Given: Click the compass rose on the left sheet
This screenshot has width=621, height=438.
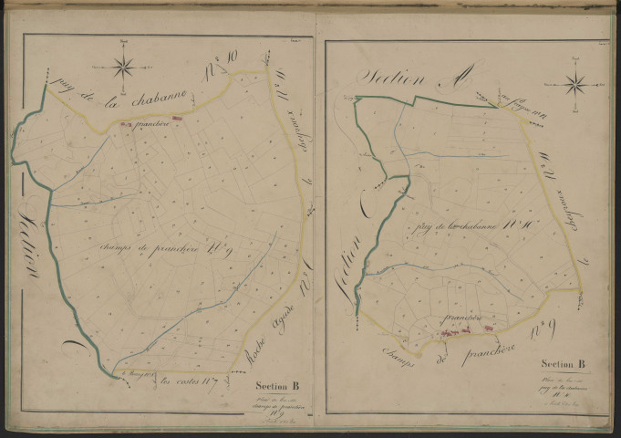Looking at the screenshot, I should click(x=125, y=66).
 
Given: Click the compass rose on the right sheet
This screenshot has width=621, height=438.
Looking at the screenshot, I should click(x=575, y=85).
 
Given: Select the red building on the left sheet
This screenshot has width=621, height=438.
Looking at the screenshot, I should click(x=179, y=117).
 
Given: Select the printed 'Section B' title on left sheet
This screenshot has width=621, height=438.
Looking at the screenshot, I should click(x=277, y=384).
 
